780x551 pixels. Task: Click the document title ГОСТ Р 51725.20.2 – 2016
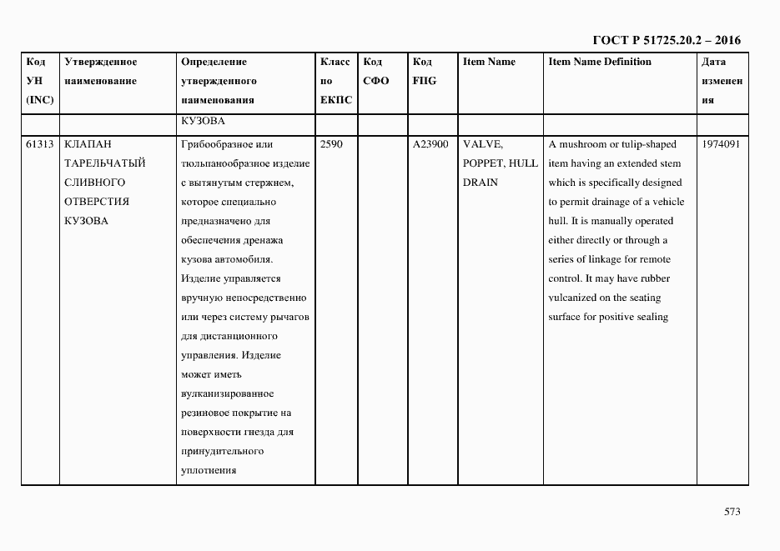[666, 39]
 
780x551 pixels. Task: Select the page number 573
[732, 512]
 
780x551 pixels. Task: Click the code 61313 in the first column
[40, 144]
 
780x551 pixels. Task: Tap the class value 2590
[331, 144]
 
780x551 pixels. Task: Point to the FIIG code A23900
[430, 144]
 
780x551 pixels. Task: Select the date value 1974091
[721, 144]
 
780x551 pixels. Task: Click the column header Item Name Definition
[600, 62]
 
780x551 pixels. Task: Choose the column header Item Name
[489, 62]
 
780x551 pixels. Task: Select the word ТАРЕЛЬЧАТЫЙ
[104, 163]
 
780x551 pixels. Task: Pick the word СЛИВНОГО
[94, 183]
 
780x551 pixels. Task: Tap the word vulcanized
[576, 298]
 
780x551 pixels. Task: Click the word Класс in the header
[335, 62]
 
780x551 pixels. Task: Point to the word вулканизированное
[226, 393]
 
